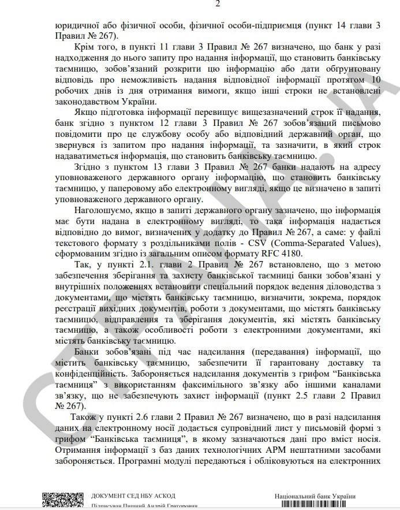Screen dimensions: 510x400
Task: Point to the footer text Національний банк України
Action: click(x=315, y=496)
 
